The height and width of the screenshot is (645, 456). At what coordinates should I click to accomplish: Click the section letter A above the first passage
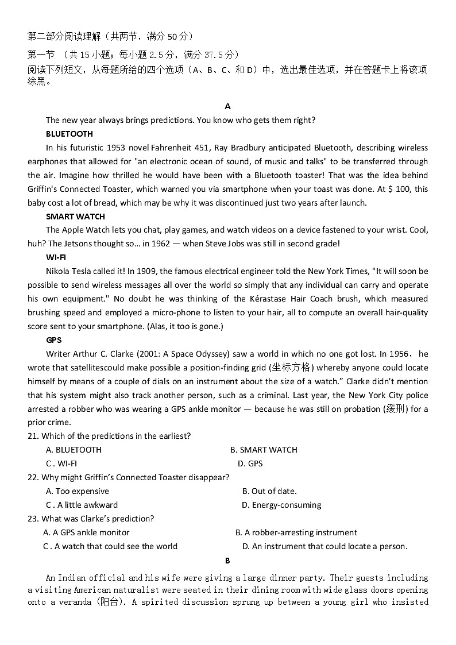point(228,106)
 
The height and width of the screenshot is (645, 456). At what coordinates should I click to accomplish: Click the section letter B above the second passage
point(227,561)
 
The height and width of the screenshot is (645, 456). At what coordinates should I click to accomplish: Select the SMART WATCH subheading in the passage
point(75,217)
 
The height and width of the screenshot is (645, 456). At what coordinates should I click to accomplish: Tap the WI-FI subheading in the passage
point(56,257)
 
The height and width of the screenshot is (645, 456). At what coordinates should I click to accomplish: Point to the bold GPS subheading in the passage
point(53,340)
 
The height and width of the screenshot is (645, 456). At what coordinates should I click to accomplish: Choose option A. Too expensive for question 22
point(78,491)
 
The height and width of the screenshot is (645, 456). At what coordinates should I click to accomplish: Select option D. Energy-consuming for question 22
point(281,505)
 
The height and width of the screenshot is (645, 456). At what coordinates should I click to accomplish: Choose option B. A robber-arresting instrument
point(296,532)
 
